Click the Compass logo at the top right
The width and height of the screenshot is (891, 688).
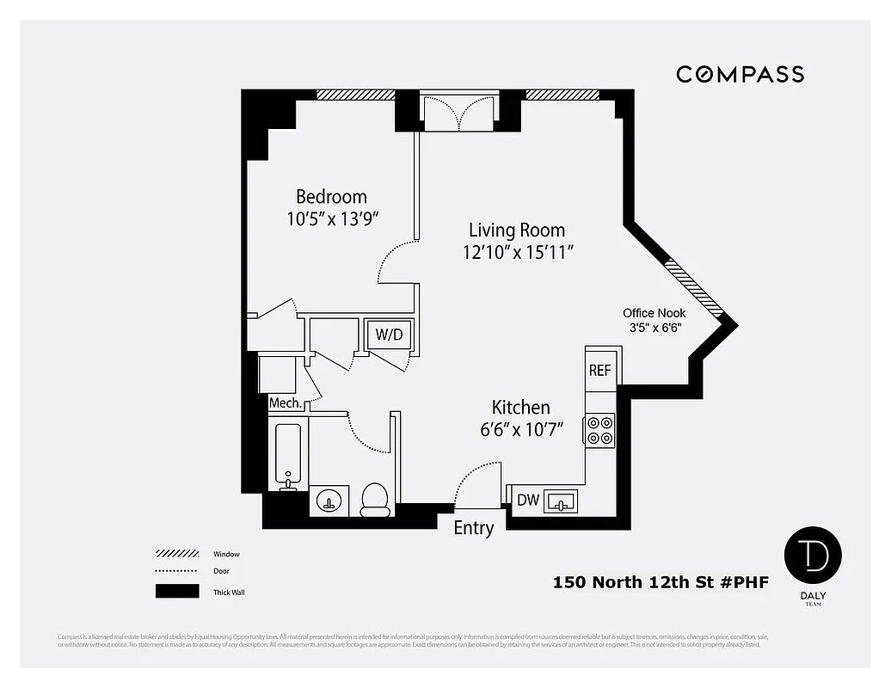tap(740, 74)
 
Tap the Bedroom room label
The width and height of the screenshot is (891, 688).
tap(331, 197)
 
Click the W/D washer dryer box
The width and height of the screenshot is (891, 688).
tap(389, 334)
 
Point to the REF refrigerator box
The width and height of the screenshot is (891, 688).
tap(599, 370)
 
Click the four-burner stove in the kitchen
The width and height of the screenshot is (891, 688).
tap(599, 430)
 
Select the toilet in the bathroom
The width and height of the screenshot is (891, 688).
tap(375, 499)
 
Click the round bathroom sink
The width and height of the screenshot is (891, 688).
tap(329, 501)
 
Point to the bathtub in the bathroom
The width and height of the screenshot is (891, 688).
tap(287, 454)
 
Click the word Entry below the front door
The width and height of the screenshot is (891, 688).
tap(473, 528)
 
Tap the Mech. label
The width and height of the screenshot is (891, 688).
tap(285, 402)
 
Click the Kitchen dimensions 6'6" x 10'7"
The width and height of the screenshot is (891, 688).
tap(521, 429)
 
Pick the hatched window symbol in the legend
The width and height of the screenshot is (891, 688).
tap(177, 554)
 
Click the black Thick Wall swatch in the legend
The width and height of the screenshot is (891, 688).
tap(177, 592)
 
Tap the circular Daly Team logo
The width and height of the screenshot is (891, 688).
tap(812, 556)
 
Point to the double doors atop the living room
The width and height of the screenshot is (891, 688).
tap(459, 113)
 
